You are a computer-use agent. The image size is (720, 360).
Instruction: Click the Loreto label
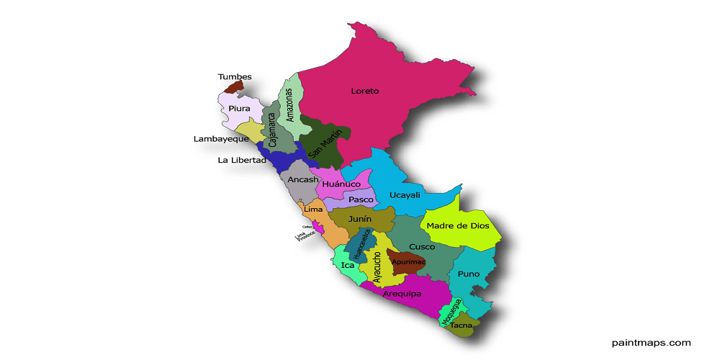coord(364,91)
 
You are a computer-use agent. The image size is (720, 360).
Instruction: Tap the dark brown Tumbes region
coord(233,88)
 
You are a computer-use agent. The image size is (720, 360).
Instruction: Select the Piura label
coord(239,109)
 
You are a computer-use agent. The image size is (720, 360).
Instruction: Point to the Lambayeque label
coord(221,139)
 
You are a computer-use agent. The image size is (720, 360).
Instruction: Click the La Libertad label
coord(242,160)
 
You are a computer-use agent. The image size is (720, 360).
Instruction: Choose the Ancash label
coord(302,179)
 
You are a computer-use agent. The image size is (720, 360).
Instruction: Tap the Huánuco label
coord(341,184)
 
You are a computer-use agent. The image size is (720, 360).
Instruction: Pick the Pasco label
coord(361,199)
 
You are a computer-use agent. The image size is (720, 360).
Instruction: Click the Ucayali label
coord(404,195)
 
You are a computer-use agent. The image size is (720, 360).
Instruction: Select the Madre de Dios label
coord(458,225)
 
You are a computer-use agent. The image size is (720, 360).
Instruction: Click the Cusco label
coord(422,247)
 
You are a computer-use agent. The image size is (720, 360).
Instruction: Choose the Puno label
coord(468,274)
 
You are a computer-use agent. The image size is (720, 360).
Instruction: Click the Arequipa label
coord(402,294)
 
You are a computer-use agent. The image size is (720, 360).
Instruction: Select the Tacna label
coord(461,325)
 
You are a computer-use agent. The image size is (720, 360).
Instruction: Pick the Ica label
coord(348,265)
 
